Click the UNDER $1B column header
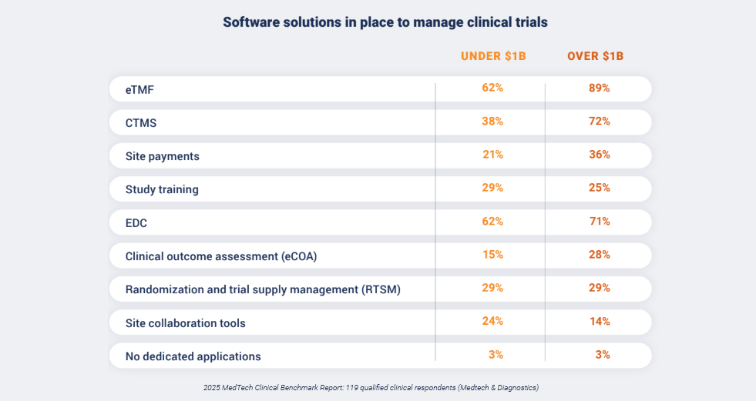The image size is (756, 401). point(492,56)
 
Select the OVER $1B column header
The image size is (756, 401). point(595,56)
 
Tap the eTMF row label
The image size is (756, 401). point(140,89)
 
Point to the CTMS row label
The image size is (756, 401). point(141,122)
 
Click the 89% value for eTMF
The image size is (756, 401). point(599,88)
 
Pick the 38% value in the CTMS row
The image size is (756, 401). point(492,121)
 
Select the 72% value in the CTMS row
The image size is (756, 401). point(599,121)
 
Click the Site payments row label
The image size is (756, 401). point(162,156)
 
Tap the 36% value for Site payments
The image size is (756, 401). point(599,154)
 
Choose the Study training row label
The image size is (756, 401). point(162,189)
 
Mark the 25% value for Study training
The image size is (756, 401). point(599,188)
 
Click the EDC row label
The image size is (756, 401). point(136,223)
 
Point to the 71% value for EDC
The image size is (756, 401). point(599,221)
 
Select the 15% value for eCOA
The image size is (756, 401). point(492,254)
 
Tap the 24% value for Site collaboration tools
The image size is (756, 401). point(492,321)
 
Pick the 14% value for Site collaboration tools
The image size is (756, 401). point(599,321)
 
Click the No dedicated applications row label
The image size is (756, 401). point(193,356)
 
